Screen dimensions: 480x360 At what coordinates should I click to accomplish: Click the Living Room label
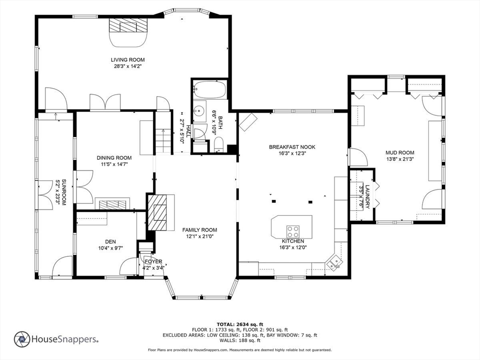[127, 60]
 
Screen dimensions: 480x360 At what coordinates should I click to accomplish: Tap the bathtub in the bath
[210, 90]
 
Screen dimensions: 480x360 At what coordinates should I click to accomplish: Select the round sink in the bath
[200, 110]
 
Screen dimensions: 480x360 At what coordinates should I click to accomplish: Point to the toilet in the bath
[218, 144]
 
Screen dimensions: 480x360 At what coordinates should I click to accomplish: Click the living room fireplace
[128, 32]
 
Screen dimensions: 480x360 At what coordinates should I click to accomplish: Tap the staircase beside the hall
[163, 141]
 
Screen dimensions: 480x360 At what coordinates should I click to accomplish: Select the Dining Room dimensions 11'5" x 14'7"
[114, 165]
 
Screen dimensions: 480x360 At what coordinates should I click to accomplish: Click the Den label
[111, 242]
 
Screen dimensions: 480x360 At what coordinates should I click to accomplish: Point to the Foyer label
[153, 262]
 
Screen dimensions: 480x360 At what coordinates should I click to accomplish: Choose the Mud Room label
[400, 152]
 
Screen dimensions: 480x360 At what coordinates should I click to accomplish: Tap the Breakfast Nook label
[292, 147]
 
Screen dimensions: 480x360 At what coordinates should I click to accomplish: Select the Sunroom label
[64, 192]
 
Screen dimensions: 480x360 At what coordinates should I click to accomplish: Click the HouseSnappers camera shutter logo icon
[22, 339]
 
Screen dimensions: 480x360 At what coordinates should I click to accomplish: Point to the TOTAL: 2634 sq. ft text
[240, 324]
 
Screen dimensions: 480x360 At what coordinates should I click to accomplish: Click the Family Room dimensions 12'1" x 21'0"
[200, 236]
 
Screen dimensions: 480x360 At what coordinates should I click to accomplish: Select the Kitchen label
[293, 241]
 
